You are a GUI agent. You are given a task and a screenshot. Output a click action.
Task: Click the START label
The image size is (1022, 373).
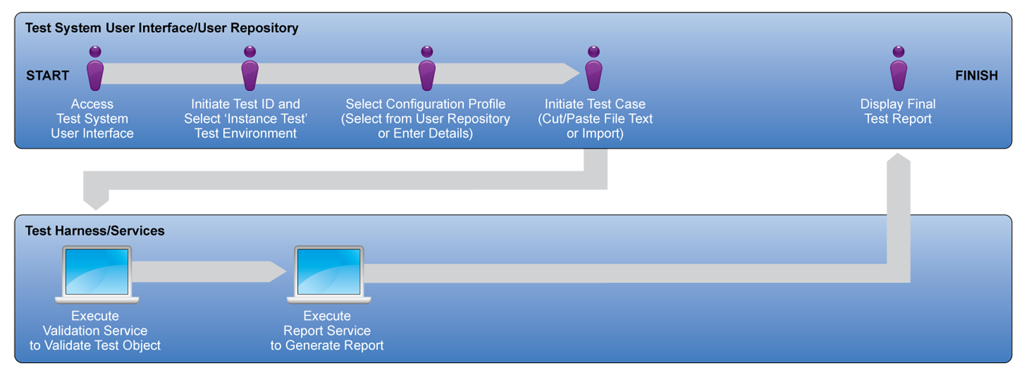(47, 76)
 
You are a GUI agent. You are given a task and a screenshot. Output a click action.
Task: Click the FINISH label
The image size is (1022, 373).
(976, 76)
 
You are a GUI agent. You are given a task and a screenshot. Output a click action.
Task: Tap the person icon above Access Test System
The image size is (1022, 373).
(95, 68)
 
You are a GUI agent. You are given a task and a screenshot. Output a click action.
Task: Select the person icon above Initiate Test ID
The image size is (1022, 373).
(250, 68)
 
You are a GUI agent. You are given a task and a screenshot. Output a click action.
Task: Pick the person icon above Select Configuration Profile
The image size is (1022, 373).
(427, 68)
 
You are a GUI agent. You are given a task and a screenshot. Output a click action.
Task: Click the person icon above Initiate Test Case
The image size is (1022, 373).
(594, 68)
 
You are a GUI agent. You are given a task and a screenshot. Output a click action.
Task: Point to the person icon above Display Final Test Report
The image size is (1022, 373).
(899, 68)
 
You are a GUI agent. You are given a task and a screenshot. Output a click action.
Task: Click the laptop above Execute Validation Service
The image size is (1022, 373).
(97, 274)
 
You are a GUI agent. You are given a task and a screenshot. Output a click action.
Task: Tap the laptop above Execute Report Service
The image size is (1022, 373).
(329, 274)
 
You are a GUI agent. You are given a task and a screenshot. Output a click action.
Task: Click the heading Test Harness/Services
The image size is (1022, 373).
(95, 231)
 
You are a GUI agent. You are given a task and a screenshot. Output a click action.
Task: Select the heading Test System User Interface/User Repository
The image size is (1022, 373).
(162, 28)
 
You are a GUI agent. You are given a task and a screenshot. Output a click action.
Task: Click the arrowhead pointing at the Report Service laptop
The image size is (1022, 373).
(278, 272)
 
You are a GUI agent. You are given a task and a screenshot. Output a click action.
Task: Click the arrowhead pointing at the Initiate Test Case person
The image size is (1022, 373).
(571, 74)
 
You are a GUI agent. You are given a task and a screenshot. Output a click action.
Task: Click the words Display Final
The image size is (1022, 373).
(898, 104)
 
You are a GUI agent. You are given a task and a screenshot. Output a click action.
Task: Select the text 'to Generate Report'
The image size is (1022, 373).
(327, 345)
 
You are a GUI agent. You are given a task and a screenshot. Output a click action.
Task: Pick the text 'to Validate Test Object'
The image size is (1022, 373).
(95, 345)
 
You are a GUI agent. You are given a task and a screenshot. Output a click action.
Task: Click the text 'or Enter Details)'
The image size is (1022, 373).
(425, 133)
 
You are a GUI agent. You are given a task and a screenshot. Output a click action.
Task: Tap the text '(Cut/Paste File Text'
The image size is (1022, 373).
(595, 119)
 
